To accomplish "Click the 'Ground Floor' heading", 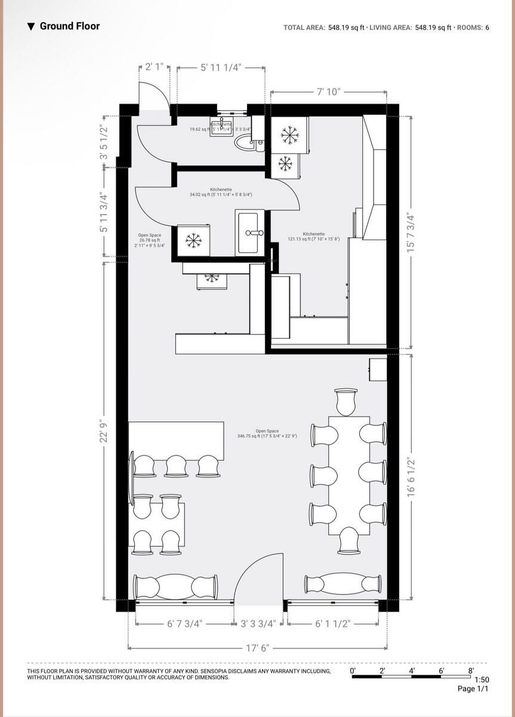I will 69,26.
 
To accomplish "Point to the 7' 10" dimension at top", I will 328,92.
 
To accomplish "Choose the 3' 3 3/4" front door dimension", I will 258,624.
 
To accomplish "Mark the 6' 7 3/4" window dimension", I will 184,624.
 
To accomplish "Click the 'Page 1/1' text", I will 473,689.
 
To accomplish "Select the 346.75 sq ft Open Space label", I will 267,434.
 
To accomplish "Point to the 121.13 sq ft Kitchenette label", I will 313,237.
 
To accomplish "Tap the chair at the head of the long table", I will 346,401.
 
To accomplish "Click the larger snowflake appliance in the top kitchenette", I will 290,134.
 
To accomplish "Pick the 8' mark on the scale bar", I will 471,671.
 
